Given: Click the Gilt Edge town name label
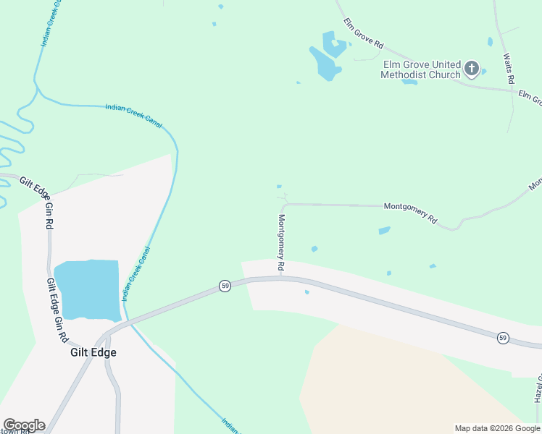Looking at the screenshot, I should click(93, 353).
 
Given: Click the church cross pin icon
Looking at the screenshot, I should click(472, 69).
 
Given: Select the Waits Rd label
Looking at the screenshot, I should click(509, 67).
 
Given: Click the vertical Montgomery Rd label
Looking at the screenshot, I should click(281, 243).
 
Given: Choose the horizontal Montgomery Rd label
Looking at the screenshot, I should click(410, 212).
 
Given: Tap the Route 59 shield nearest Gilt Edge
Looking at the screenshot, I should click(225, 286).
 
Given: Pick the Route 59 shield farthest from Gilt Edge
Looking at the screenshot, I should click(503, 338).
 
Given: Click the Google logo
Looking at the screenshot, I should click(24, 425).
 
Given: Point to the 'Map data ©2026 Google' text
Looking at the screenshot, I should click(497, 428).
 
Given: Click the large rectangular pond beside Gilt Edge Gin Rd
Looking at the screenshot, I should click(87, 289).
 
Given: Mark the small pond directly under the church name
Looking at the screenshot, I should click(409, 82).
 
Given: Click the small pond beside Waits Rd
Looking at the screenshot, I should click(490, 42).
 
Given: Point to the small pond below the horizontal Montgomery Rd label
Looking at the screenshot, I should click(384, 231).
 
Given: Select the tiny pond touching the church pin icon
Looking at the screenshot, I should click(483, 71).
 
